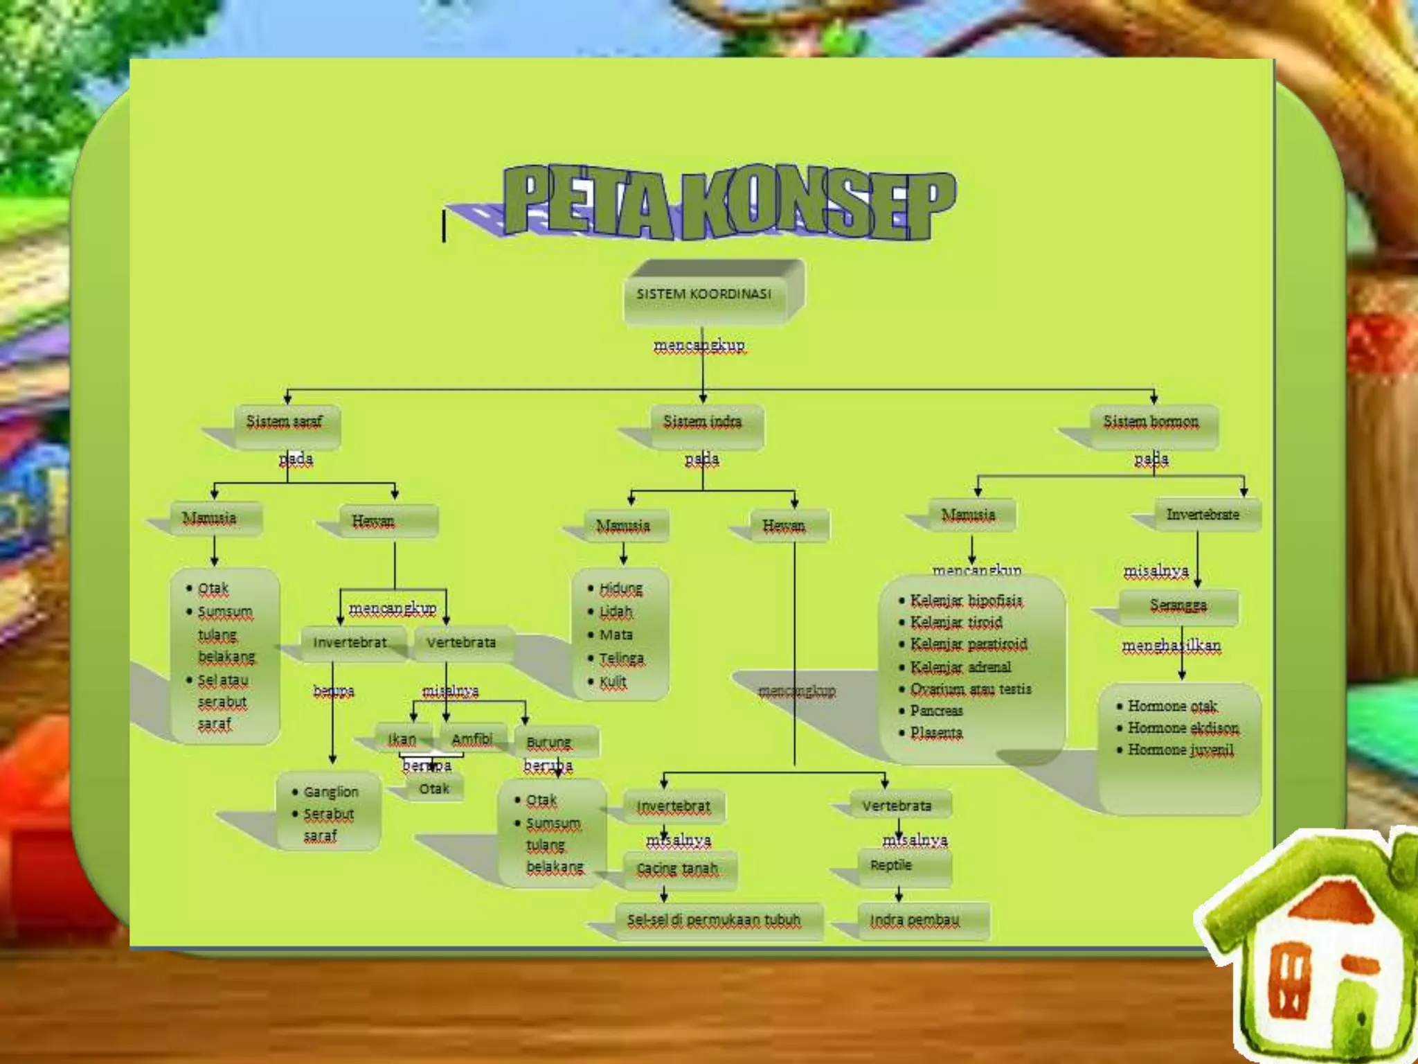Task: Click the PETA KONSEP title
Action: pos(728,202)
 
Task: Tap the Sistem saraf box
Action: pos(286,423)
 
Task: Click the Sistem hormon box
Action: pos(1152,423)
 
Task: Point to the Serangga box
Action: pos(1178,606)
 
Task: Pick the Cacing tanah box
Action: pos(678,869)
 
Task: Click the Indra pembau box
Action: pos(916,921)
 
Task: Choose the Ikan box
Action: pos(403,740)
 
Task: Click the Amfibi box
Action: pos(472,740)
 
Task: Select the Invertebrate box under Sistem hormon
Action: pos(1203,515)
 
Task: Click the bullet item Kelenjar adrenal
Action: pos(961,667)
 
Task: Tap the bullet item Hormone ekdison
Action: pos(1183,728)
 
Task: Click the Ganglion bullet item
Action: pos(331,792)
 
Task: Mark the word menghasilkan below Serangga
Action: pos(1172,646)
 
